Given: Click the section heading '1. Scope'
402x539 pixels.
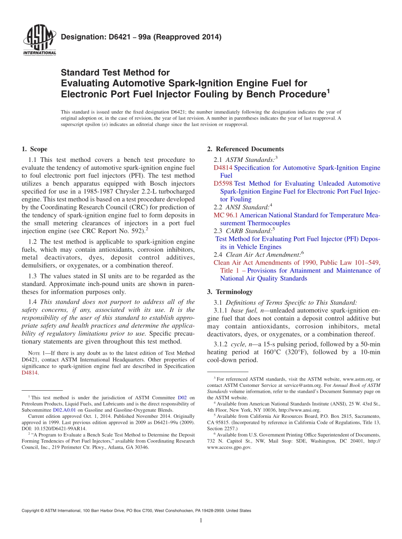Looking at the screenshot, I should pyautogui.click(x=34, y=149).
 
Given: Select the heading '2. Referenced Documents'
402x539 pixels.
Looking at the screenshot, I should pyautogui.click(x=245, y=149).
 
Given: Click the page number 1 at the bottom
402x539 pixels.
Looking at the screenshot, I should pyautogui.click(x=201, y=521).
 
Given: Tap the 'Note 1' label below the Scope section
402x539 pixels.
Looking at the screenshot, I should pyautogui.click(x=31, y=353).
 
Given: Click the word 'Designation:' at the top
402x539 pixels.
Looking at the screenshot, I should pyautogui.click(x=79, y=37).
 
